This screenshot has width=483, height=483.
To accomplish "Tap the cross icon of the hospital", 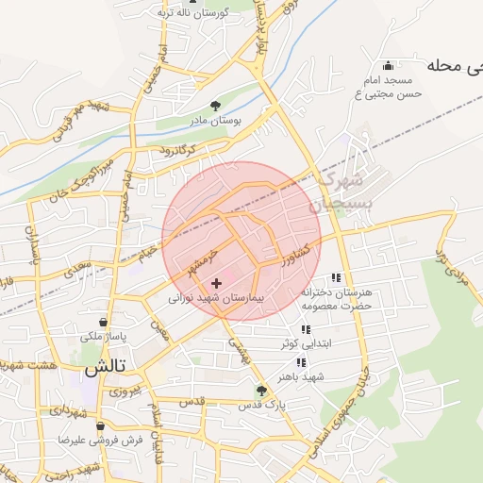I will click(217, 282).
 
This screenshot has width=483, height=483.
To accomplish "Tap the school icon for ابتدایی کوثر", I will click(305, 328).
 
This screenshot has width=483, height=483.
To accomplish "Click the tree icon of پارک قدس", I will click(262, 390).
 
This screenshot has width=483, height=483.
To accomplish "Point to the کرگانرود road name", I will click(175, 149).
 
